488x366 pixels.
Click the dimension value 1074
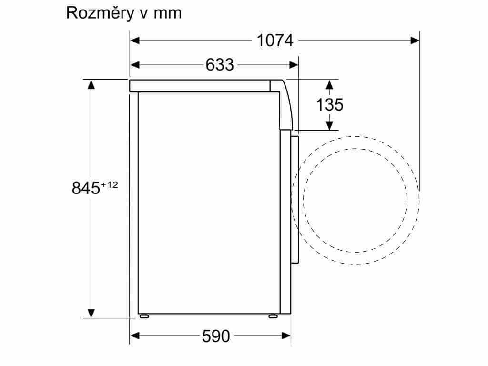tap(275, 41)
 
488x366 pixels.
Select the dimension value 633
tap(220, 65)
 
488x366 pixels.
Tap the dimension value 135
tap(330, 104)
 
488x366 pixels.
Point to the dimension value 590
tap(216, 336)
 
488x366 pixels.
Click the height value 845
tap(86, 188)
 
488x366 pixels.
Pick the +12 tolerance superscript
tap(109, 185)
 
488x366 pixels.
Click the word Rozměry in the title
tap(100, 13)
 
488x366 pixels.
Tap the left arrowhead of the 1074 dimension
tap(135, 41)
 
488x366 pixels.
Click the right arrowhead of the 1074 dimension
tap(415, 41)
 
